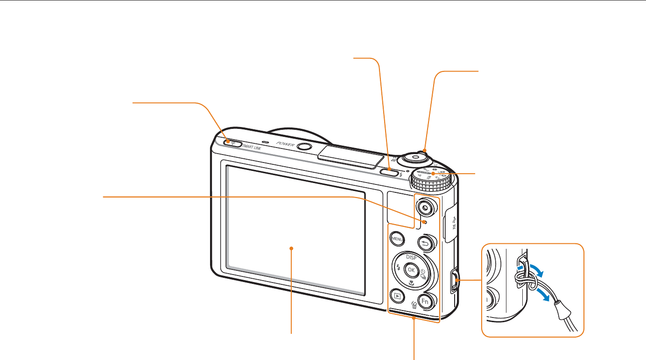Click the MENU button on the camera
(x=397, y=239)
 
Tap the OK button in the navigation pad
(x=411, y=269)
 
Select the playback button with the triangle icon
(x=397, y=295)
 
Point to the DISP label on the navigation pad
(x=411, y=257)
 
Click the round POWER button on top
(x=304, y=147)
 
